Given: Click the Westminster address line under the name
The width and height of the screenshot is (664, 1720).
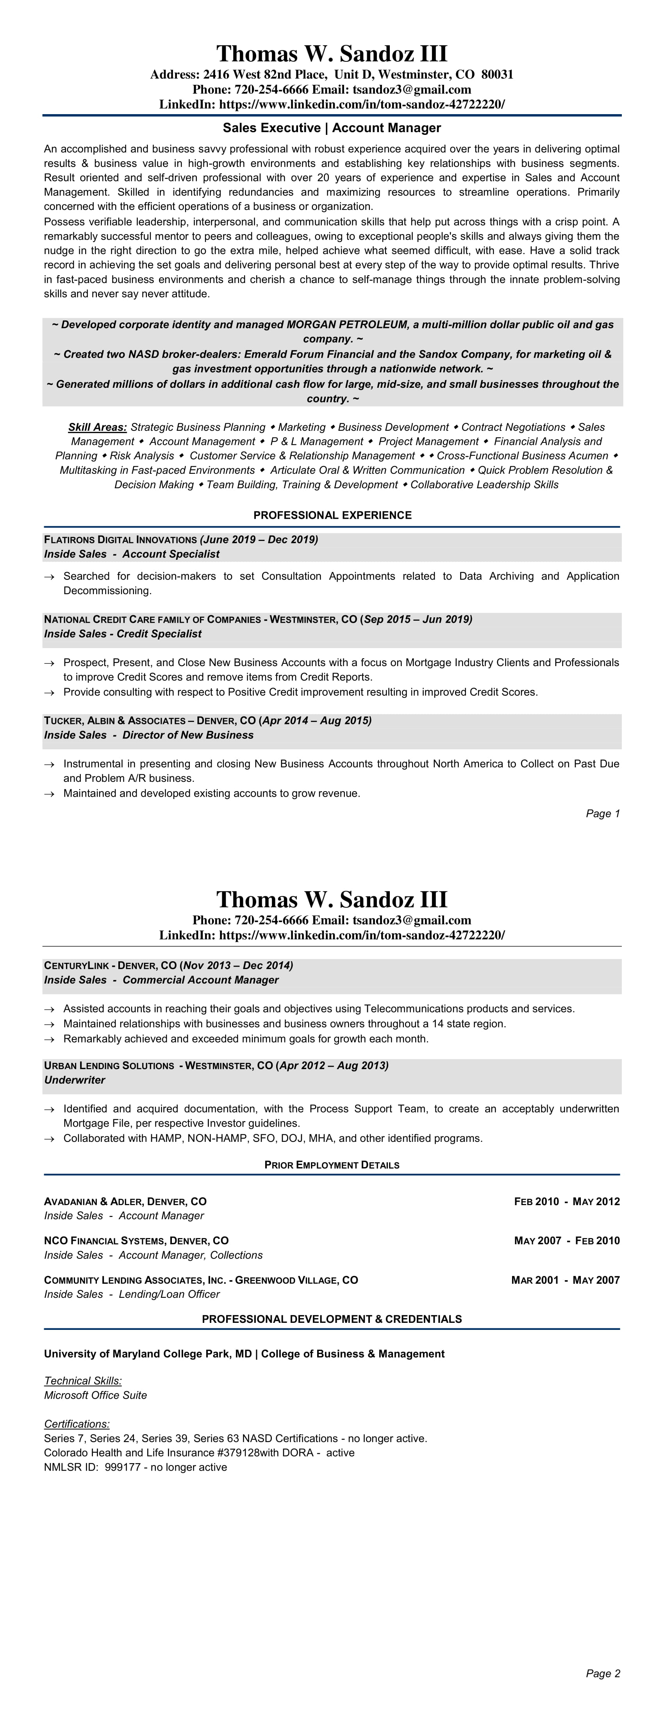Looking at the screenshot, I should tap(332, 74).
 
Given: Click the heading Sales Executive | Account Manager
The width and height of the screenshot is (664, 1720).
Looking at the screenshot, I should tap(332, 127).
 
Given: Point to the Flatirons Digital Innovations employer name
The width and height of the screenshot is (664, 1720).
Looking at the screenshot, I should tap(120, 539).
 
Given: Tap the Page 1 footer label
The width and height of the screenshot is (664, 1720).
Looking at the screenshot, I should tap(603, 813).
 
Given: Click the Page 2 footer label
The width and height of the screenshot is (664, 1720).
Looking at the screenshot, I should tap(603, 1673).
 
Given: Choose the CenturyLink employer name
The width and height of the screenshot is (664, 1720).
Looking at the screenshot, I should tap(76, 966).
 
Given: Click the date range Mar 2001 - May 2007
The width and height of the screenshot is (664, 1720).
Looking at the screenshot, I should tap(565, 1280).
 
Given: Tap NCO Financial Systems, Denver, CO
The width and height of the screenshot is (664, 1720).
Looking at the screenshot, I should tap(136, 1241).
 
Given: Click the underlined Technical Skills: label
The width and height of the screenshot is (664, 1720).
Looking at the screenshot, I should tap(83, 1381).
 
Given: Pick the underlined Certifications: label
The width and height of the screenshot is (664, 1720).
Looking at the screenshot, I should tap(77, 1424).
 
